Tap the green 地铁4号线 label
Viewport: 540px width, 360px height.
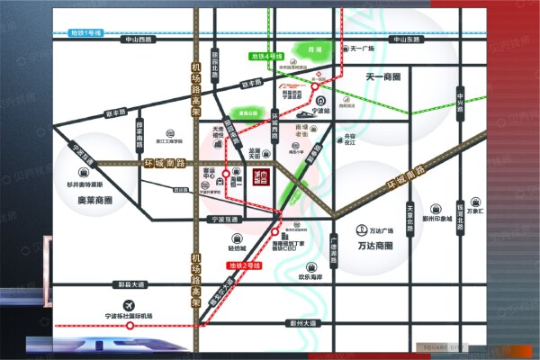click(x=267, y=57)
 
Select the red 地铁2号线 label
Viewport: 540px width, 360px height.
click(x=242, y=265)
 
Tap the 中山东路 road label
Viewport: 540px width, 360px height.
click(x=402, y=40)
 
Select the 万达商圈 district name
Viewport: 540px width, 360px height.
click(x=376, y=245)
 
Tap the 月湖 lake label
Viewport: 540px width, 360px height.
click(x=314, y=50)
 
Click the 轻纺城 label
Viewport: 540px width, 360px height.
click(x=238, y=245)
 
